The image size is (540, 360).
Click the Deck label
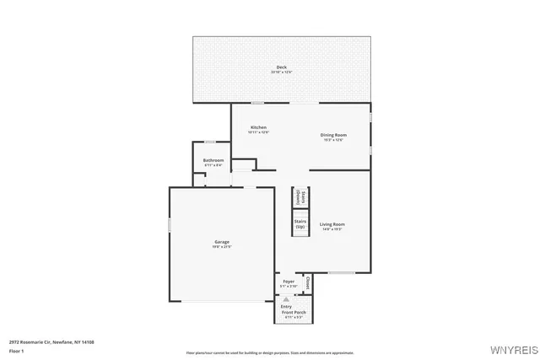281,67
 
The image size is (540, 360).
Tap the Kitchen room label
258,127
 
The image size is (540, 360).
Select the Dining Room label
333,135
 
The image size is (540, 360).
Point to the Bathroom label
213,160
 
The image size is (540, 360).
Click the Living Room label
332,224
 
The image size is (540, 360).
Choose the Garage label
221,242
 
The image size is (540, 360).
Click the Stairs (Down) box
300,196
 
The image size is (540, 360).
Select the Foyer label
289,281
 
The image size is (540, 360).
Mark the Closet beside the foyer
308,282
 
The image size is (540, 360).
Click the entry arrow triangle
286,298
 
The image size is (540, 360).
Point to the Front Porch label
294,312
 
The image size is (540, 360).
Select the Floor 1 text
17,350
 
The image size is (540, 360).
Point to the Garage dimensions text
221,246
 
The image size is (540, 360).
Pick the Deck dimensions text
281,73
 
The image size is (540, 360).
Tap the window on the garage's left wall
170,225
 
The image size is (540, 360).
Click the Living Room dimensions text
332,228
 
